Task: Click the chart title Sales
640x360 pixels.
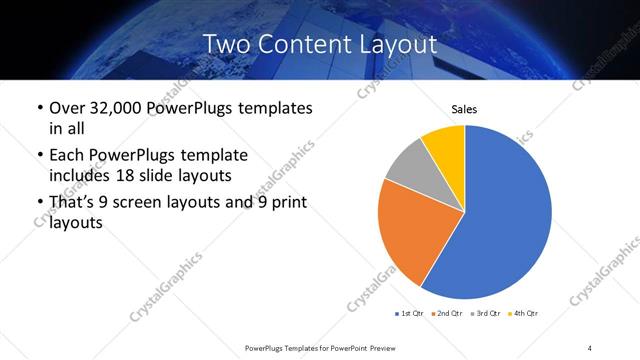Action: [x=465, y=108]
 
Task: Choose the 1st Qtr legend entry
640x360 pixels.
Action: [x=410, y=313]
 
